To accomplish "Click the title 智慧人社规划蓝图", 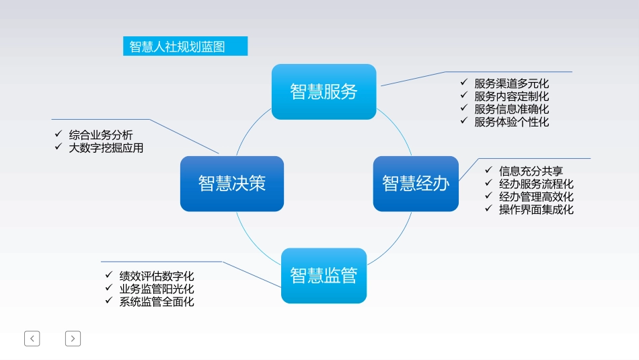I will (x=178, y=47).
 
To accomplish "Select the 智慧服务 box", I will (x=324, y=92).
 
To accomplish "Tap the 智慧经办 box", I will (x=416, y=183).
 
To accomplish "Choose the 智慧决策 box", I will (x=232, y=183).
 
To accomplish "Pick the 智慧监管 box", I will (x=324, y=275).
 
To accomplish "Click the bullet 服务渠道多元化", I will (x=511, y=83).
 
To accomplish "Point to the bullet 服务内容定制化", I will (x=511, y=96).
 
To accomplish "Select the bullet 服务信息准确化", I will (x=511, y=109).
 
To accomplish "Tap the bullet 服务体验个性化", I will (x=511, y=122).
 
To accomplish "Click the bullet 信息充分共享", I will (x=530, y=171).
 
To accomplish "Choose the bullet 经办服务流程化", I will (x=536, y=184).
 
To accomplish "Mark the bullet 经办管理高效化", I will (x=536, y=196).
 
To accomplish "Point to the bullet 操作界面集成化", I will (x=536, y=209).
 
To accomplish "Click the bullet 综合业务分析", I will (x=101, y=135).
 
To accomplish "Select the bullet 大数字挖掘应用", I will (x=106, y=148).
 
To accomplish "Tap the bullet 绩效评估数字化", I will (x=157, y=276).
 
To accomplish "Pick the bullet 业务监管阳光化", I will (x=157, y=289).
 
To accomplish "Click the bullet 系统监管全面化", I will (x=157, y=301).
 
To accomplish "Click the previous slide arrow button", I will (x=32, y=338).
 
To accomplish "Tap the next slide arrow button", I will (x=73, y=338).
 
